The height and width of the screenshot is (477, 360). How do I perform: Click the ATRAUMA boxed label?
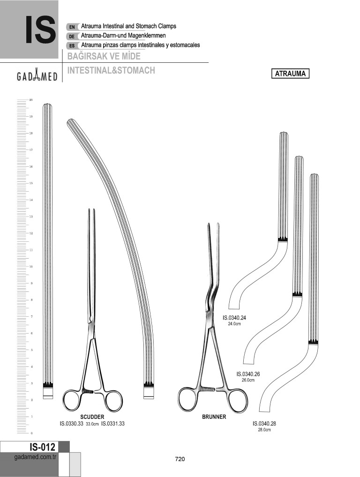click(290, 74)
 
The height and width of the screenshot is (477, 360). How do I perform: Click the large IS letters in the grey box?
click(40, 30)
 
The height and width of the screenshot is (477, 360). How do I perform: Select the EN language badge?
click(72, 27)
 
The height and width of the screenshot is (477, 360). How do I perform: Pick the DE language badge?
click(72, 36)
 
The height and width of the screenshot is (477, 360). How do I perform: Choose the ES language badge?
click(72, 45)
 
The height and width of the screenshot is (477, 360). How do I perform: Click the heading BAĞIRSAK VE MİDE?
click(104, 56)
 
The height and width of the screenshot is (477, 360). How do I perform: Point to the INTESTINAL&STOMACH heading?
click(111, 70)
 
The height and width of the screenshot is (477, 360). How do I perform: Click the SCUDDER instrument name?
click(92, 417)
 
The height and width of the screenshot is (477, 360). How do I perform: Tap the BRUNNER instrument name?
click(214, 417)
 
